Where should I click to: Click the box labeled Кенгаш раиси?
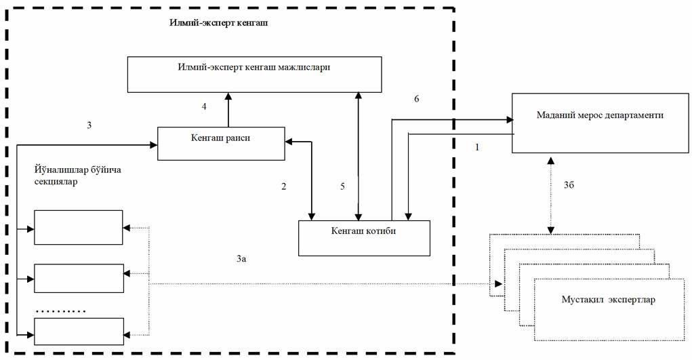(x=221, y=143)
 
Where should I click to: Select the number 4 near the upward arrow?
(x=203, y=106)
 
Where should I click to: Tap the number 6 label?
(x=417, y=99)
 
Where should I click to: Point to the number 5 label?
(x=343, y=186)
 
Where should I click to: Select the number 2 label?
(x=284, y=186)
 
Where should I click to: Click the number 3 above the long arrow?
(x=89, y=125)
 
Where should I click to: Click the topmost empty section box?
(x=79, y=227)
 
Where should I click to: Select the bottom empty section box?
(x=79, y=332)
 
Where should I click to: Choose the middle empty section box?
(x=79, y=278)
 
